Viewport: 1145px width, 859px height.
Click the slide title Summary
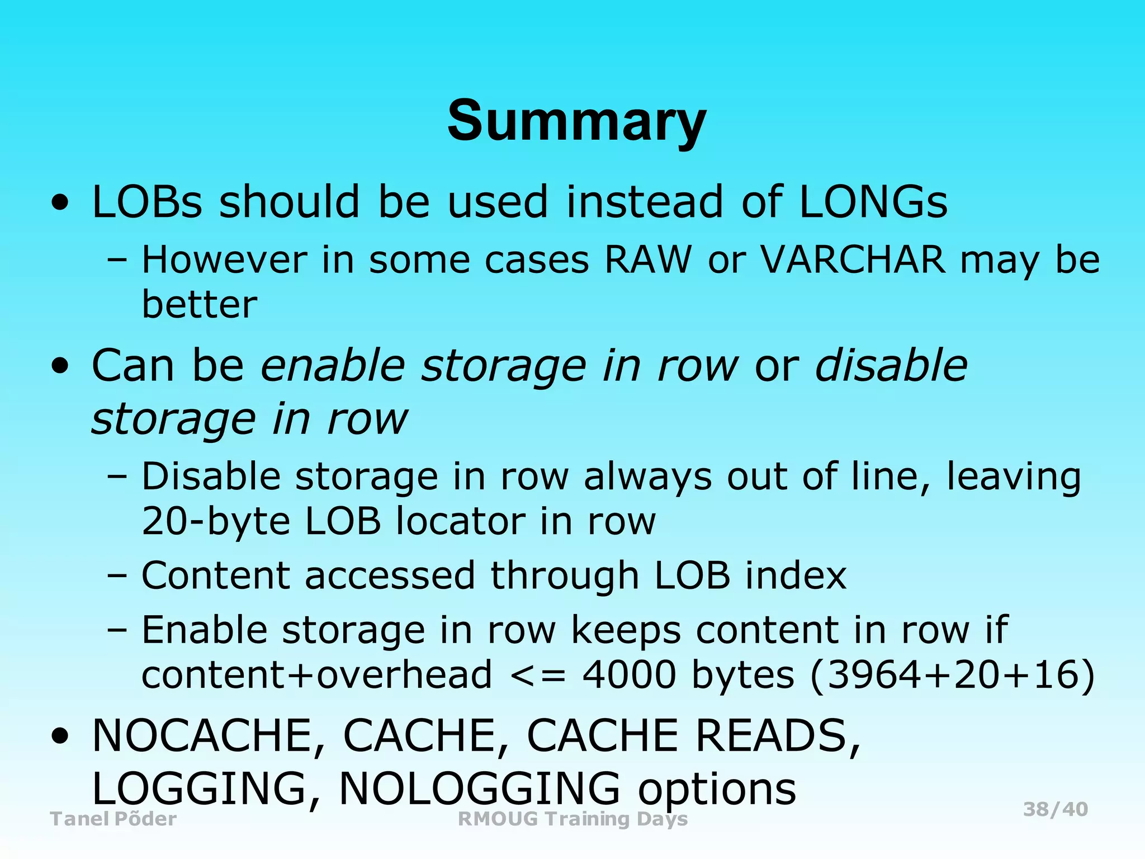click(x=576, y=121)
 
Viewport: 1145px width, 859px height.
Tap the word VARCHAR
click(x=852, y=260)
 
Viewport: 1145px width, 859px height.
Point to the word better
click(x=200, y=305)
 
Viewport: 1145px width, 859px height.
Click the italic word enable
click(x=333, y=366)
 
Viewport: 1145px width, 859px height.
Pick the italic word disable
click(x=891, y=366)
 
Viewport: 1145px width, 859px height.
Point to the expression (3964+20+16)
click(x=952, y=676)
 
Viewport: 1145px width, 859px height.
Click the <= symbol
click(x=538, y=676)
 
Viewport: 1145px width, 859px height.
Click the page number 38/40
click(x=1055, y=809)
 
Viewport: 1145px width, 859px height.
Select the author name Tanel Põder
click(x=113, y=819)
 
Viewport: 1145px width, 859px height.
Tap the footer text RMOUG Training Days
click(x=572, y=819)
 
